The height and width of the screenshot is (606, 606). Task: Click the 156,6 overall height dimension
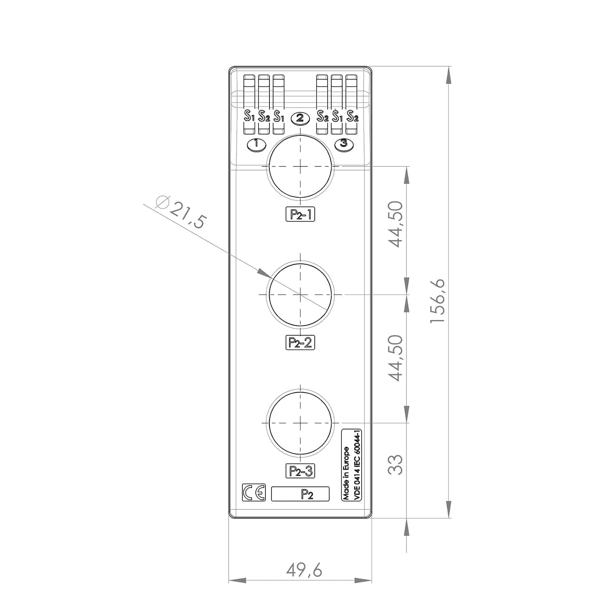(x=438, y=301)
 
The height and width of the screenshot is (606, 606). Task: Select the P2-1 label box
(x=300, y=215)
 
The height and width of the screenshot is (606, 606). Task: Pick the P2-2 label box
(x=300, y=343)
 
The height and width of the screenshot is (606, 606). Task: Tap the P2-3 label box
(x=300, y=471)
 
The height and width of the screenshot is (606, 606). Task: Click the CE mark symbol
(x=254, y=492)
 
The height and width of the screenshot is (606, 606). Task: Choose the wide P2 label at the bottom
(x=300, y=494)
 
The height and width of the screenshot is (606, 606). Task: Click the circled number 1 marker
(x=256, y=144)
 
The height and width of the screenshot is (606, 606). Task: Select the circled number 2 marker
(x=300, y=118)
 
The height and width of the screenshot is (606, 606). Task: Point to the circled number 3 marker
(x=344, y=144)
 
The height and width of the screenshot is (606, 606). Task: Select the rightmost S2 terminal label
(x=352, y=117)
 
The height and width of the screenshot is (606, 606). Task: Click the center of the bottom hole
(x=300, y=423)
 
